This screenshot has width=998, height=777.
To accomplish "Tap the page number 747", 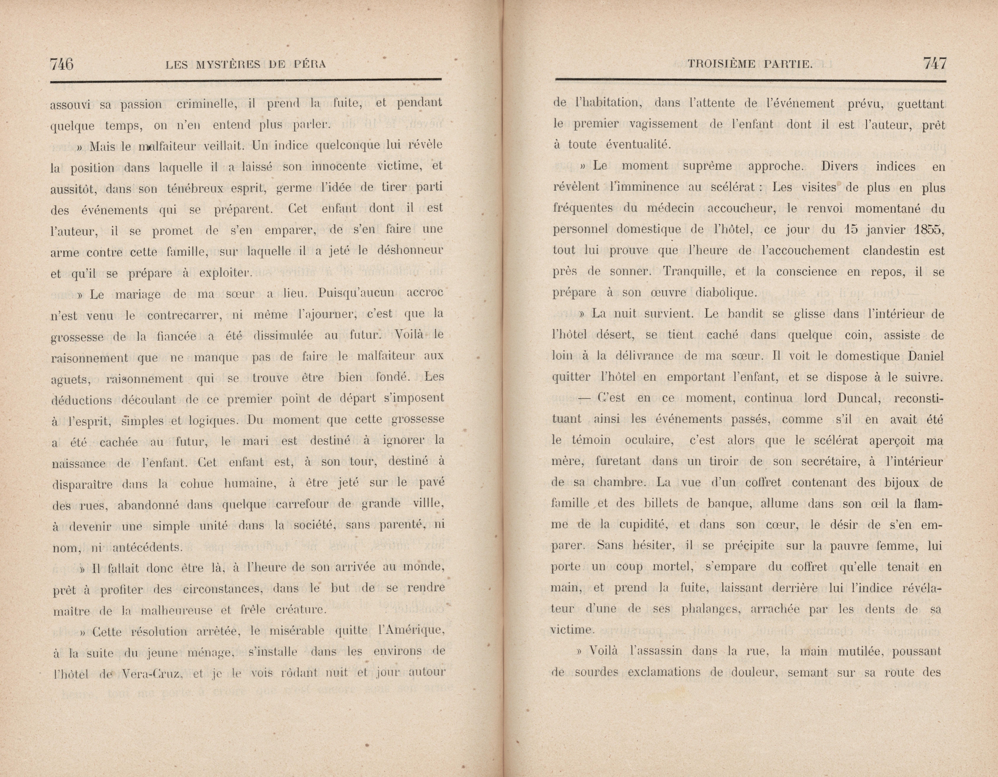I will (935, 63).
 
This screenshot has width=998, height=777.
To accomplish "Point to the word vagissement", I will (663, 124).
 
